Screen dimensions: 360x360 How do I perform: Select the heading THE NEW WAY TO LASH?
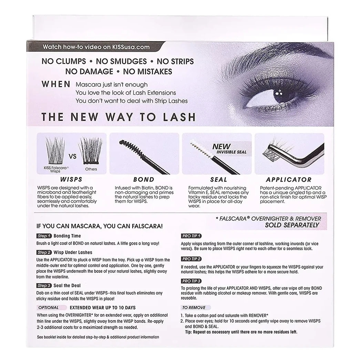point(118,117)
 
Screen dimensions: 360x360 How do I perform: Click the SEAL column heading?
point(218,179)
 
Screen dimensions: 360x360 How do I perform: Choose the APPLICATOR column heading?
point(289,179)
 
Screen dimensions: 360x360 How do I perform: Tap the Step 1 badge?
point(44,236)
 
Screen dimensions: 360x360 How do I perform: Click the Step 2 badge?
point(44,253)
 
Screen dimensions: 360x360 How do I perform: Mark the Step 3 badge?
point(44,285)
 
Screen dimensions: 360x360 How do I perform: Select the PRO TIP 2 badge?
point(191,259)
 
